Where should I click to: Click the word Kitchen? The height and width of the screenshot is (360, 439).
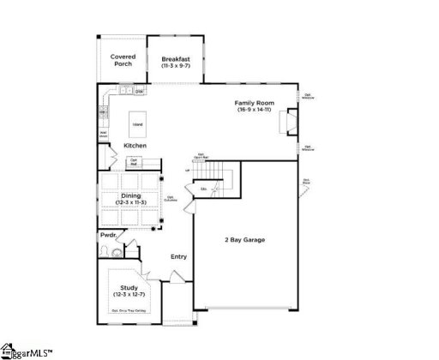click(135, 146)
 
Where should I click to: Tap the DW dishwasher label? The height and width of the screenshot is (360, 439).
click(139, 91)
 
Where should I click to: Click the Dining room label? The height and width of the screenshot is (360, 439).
click(130, 195)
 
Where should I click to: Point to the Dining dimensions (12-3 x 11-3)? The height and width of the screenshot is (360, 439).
click(130, 202)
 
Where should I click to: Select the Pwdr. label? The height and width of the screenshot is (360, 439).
click(108, 234)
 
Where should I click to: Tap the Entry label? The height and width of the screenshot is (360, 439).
click(178, 256)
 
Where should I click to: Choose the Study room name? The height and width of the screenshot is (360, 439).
click(129, 288)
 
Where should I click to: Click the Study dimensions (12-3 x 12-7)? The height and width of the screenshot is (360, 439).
click(129, 295)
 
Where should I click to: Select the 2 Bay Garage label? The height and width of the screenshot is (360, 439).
click(244, 239)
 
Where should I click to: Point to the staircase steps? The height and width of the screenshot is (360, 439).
click(220, 172)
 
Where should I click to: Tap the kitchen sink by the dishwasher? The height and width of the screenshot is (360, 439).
click(124, 90)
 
